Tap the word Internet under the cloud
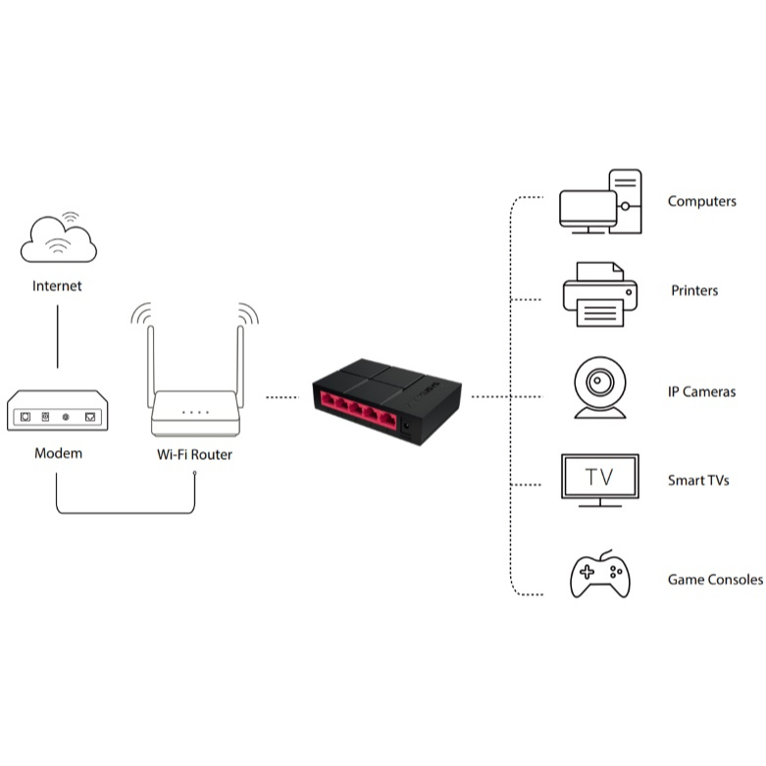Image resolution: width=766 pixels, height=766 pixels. pyautogui.click(x=58, y=286)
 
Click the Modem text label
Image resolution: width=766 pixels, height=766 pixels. pyautogui.click(x=58, y=453)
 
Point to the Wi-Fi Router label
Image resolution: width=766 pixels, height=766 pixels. pyautogui.click(x=195, y=454)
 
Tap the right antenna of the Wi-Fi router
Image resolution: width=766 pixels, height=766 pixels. pyautogui.click(x=239, y=358)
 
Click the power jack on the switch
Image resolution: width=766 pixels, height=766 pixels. pyautogui.click(x=406, y=426)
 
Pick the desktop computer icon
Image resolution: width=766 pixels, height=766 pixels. pyautogui.click(x=599, y=203)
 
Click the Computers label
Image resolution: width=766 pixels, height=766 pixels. pyautogui.click(x=701, y=201)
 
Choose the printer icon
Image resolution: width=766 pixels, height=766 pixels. pyautogui.click(x=599, y=293)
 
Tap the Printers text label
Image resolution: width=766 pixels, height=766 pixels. pyautogui.click(x=694, y=290)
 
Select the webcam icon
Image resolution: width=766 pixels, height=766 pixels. pyautogui.click(x=599, y=386)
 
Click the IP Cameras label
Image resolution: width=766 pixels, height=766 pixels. pyautogui.click(x=701, y=392)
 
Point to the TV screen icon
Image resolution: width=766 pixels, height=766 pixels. pyautogui.click(x=599, y=479)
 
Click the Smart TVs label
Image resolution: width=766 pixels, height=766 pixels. pyautogui.click(x=698, y=481)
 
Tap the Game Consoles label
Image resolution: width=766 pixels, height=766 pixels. pyautogui.click(x=715, y=580)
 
